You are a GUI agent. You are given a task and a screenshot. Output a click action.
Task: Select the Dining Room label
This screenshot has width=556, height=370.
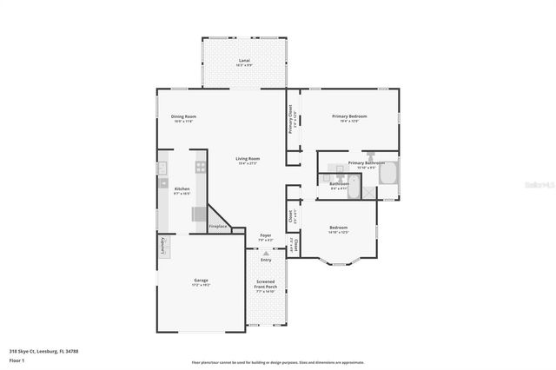(x=183, y=118)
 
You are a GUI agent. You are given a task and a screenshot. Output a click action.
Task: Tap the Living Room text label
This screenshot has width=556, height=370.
(x=248, y=160)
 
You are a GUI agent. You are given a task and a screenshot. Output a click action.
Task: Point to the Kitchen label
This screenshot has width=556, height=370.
(x=182, y=190)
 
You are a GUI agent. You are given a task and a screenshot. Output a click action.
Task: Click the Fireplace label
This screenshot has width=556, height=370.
(x=218, y=227)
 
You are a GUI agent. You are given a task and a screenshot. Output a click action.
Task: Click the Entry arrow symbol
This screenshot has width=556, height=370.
(x=266, y=253)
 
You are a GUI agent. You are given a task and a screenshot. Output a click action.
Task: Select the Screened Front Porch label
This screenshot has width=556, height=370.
(x=266, y=287)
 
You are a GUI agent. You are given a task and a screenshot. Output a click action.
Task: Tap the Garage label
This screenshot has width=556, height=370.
(x=200, y=282)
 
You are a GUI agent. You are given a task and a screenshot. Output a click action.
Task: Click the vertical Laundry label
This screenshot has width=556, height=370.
(x=162, y=247)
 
